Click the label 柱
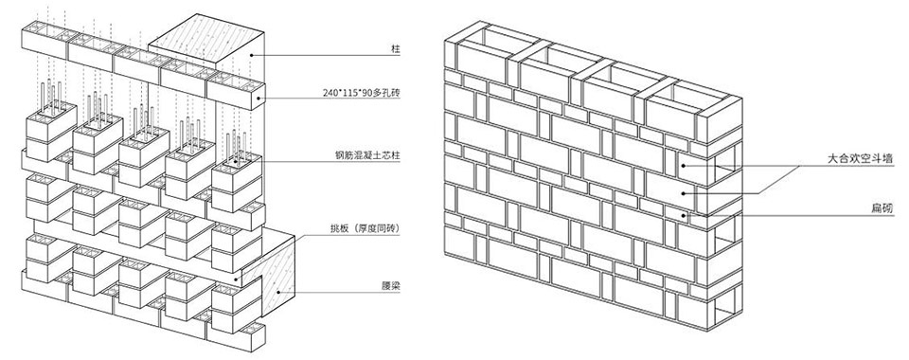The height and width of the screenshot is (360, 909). tap(396, 50)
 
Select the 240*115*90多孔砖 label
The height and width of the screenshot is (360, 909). tap(362, 92)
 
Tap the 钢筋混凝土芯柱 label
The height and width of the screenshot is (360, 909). tap(367, 155)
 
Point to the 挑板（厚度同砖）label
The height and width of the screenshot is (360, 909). tap(362, 229)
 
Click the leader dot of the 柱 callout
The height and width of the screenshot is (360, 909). tap(251, 55)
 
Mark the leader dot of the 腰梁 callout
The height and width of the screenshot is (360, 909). tap(278, 292)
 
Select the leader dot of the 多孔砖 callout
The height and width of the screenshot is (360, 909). tap(257, 98)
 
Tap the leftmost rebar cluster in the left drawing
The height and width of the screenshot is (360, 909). tap(52, 96)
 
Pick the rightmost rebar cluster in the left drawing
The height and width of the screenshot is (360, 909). tap(237, 147)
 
